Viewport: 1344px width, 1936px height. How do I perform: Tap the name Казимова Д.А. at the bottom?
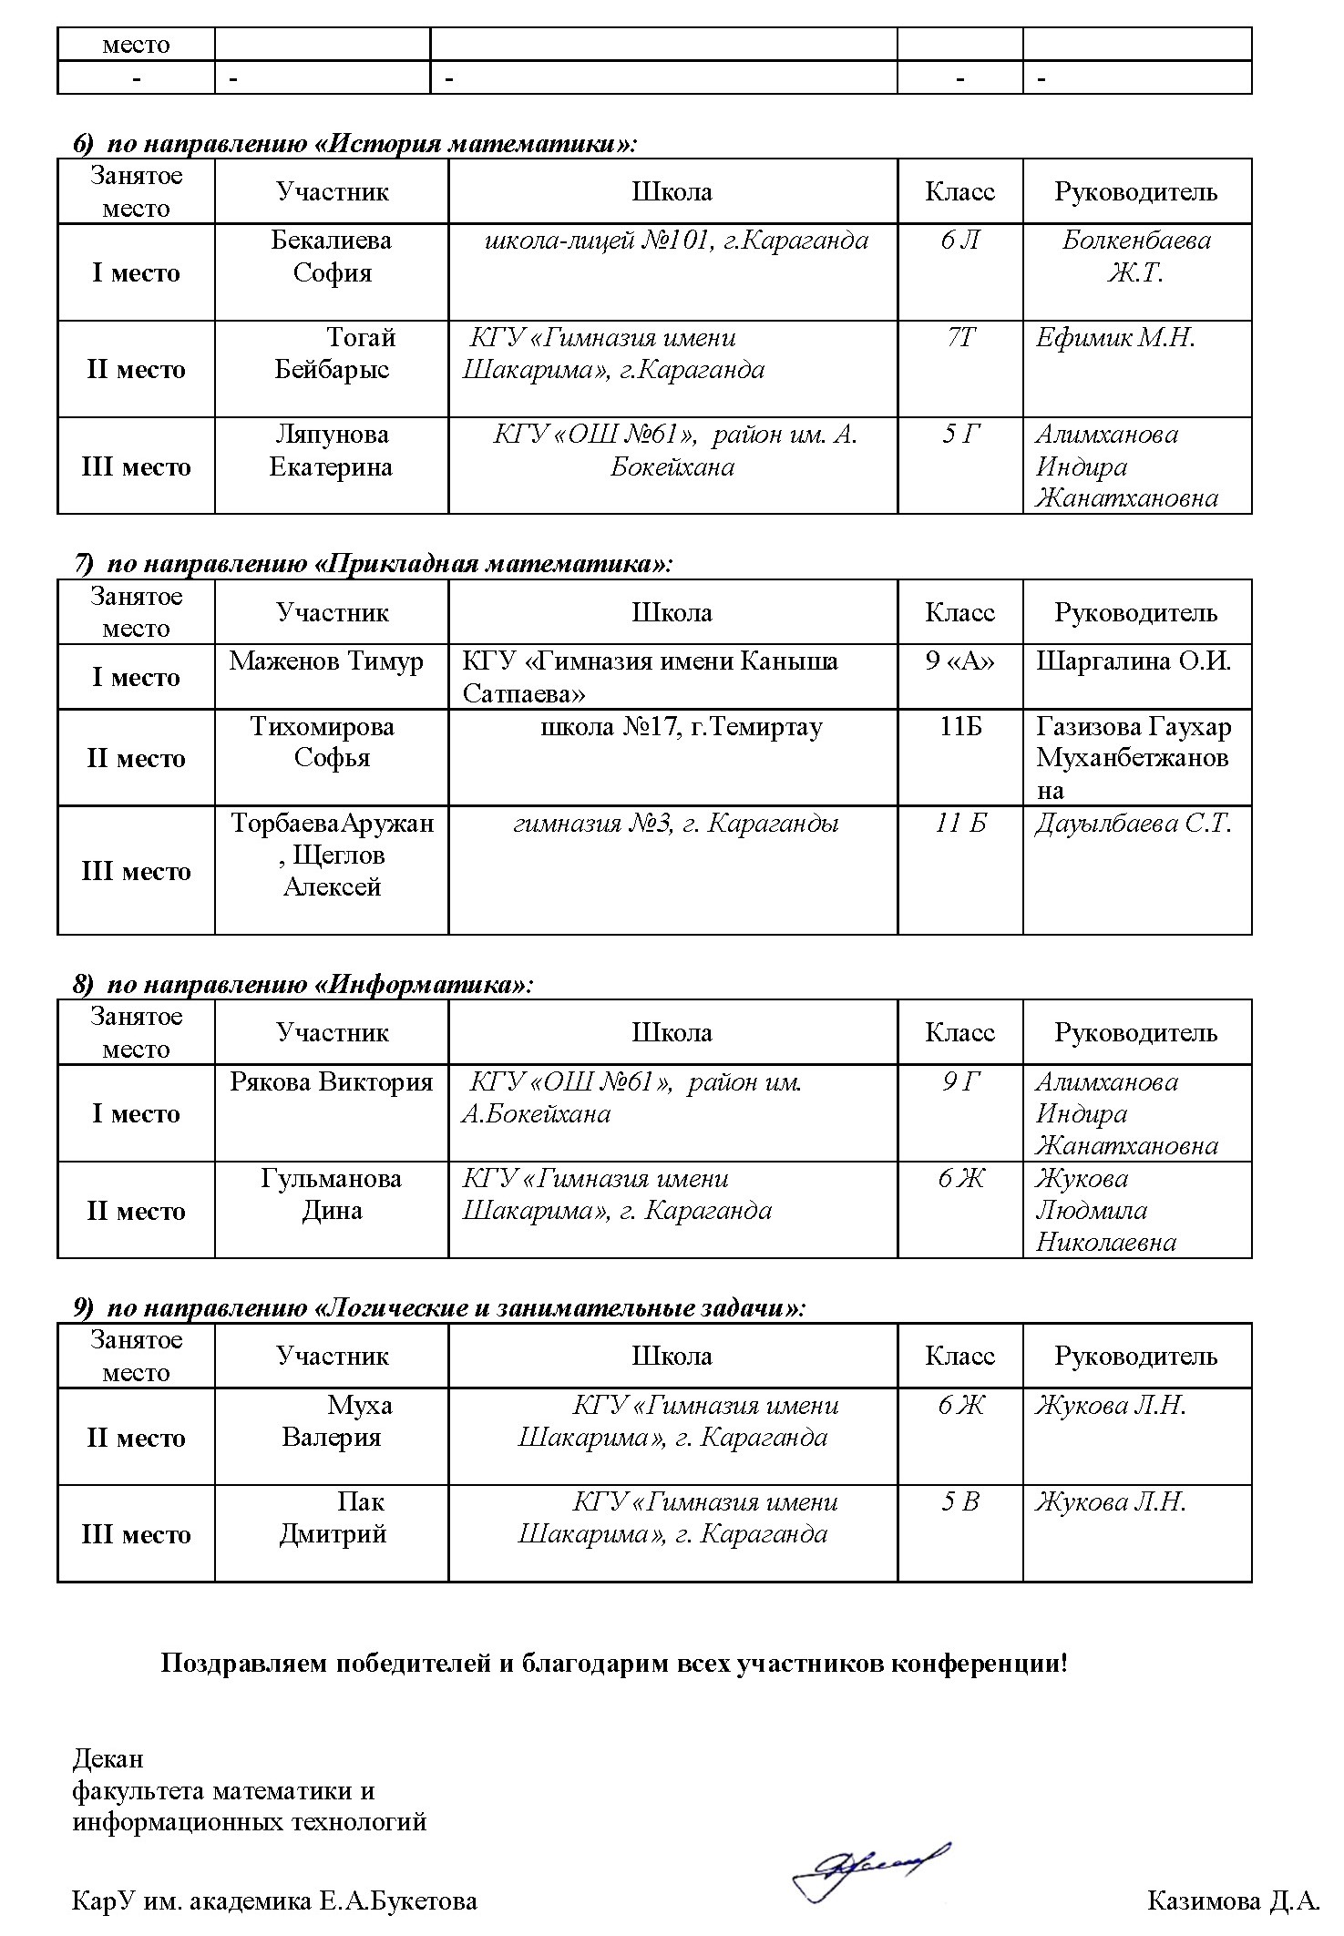pos(1233,1900)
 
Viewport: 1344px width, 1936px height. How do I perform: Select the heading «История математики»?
pos(355,144)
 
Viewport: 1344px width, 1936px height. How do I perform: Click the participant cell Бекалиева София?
pos(332,256)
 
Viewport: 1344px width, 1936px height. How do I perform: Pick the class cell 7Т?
pos(960,338)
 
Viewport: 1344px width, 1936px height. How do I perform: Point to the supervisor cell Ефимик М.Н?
pos(1115,338)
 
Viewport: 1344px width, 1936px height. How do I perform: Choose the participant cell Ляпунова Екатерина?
pos(331,451)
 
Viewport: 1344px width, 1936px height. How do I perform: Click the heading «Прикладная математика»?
pos(373,564)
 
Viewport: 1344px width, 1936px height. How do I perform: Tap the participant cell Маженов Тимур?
pos(326,661)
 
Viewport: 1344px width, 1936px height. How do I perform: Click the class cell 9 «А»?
pos(960,661)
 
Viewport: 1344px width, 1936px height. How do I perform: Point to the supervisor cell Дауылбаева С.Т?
pos(1134,824)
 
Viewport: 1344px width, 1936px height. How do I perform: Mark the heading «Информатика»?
pos(303,985)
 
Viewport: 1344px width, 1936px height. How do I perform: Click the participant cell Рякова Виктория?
pos(331,1082)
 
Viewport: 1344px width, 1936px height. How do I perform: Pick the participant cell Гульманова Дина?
pos(331,1194)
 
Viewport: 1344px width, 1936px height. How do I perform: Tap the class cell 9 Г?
pos(960,1082)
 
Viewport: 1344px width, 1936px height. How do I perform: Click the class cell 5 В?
pos(960,1502)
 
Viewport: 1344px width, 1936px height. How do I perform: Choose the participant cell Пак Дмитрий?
pos(333,1518)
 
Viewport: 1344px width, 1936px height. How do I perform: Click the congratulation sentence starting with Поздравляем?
pos(614,1665)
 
